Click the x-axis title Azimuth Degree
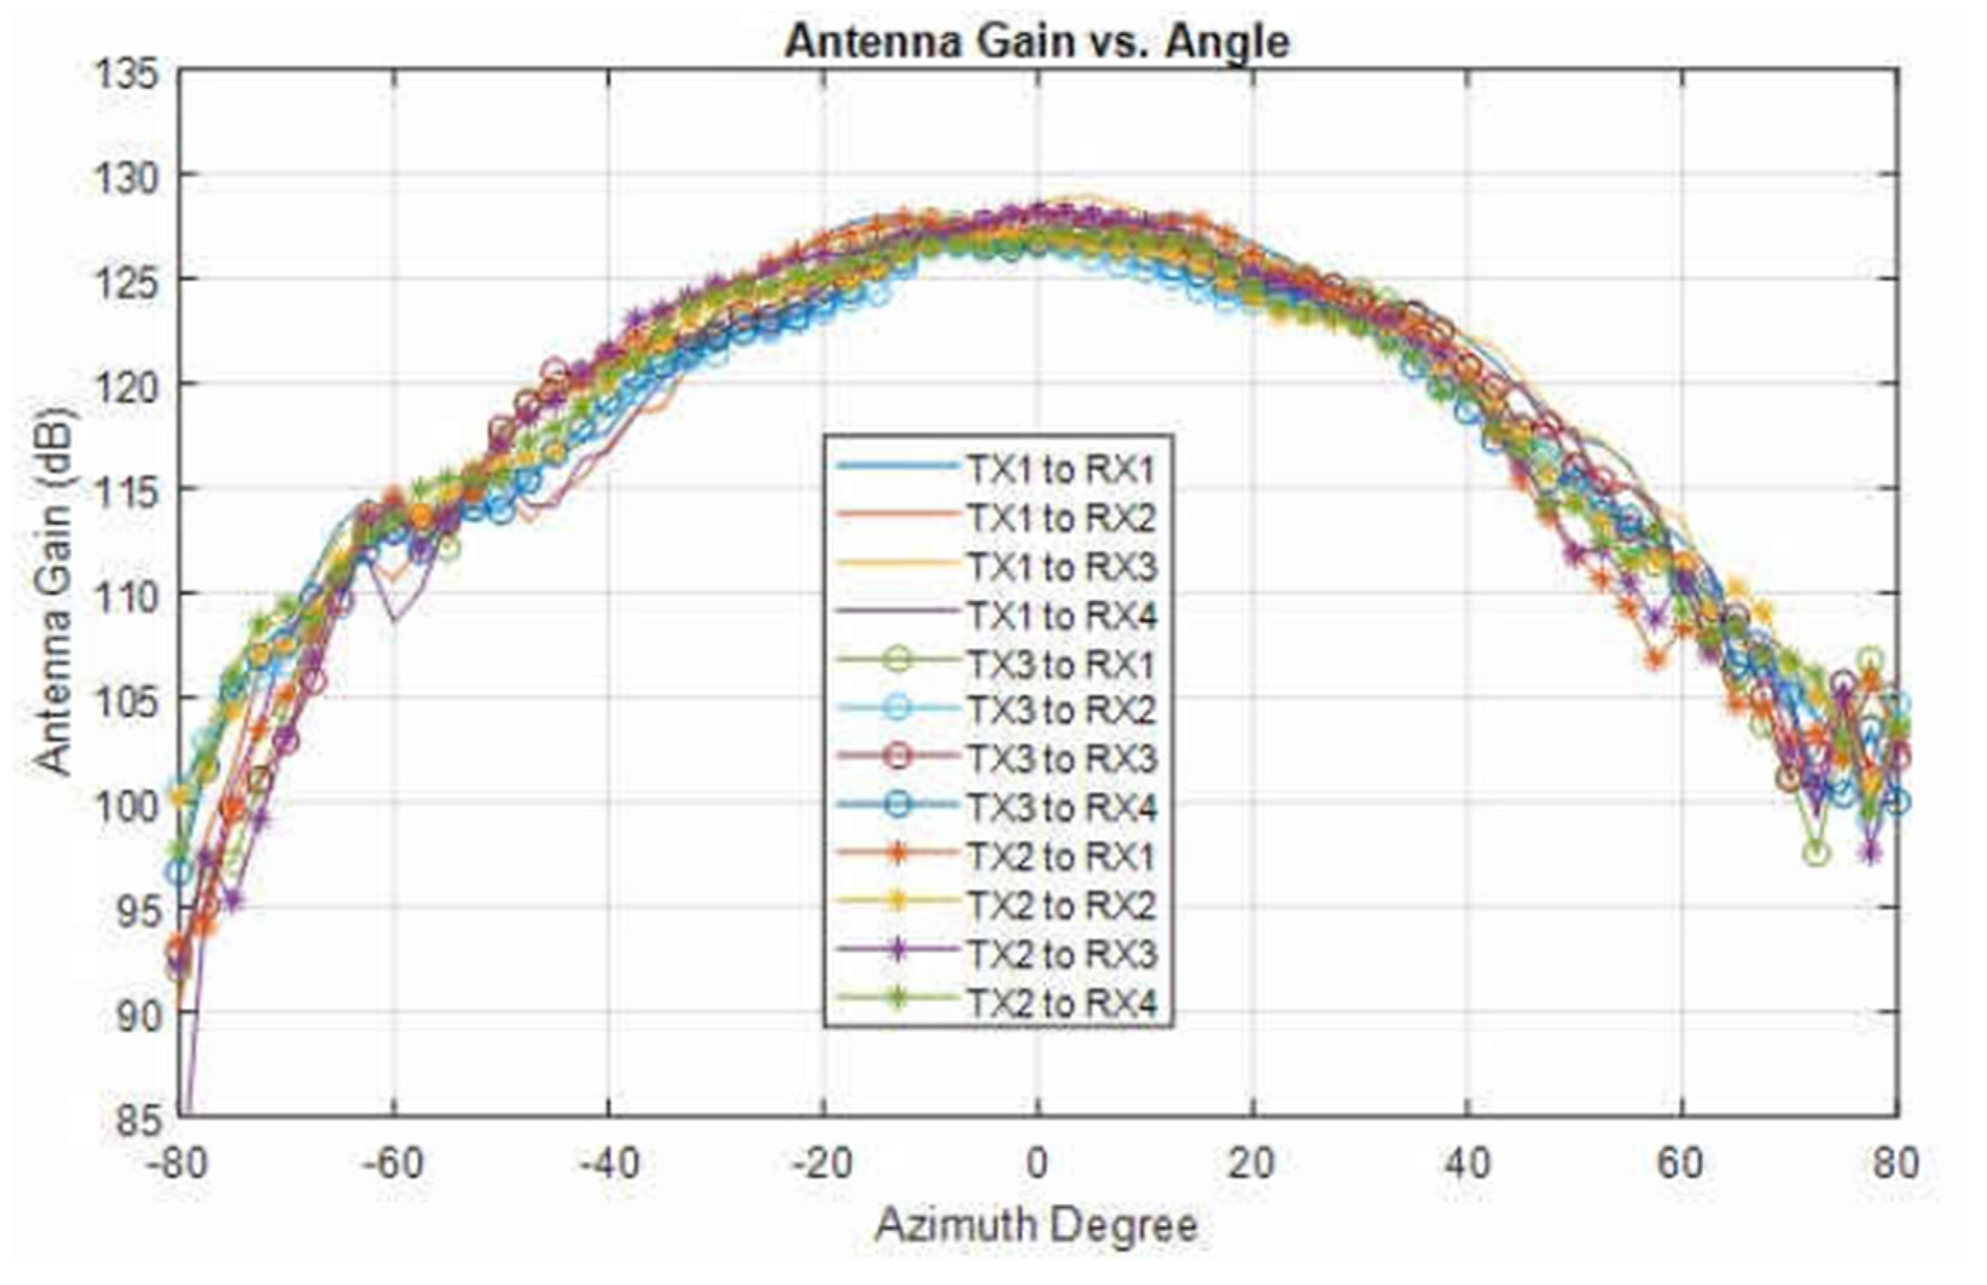(x=1036, y=1226)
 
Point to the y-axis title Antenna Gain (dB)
(x=53, y=592)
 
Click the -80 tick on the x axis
(x=176, y=1163)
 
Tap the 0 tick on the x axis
(x=1037, y=1163)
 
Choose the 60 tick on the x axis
(x=1681, y=1163)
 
